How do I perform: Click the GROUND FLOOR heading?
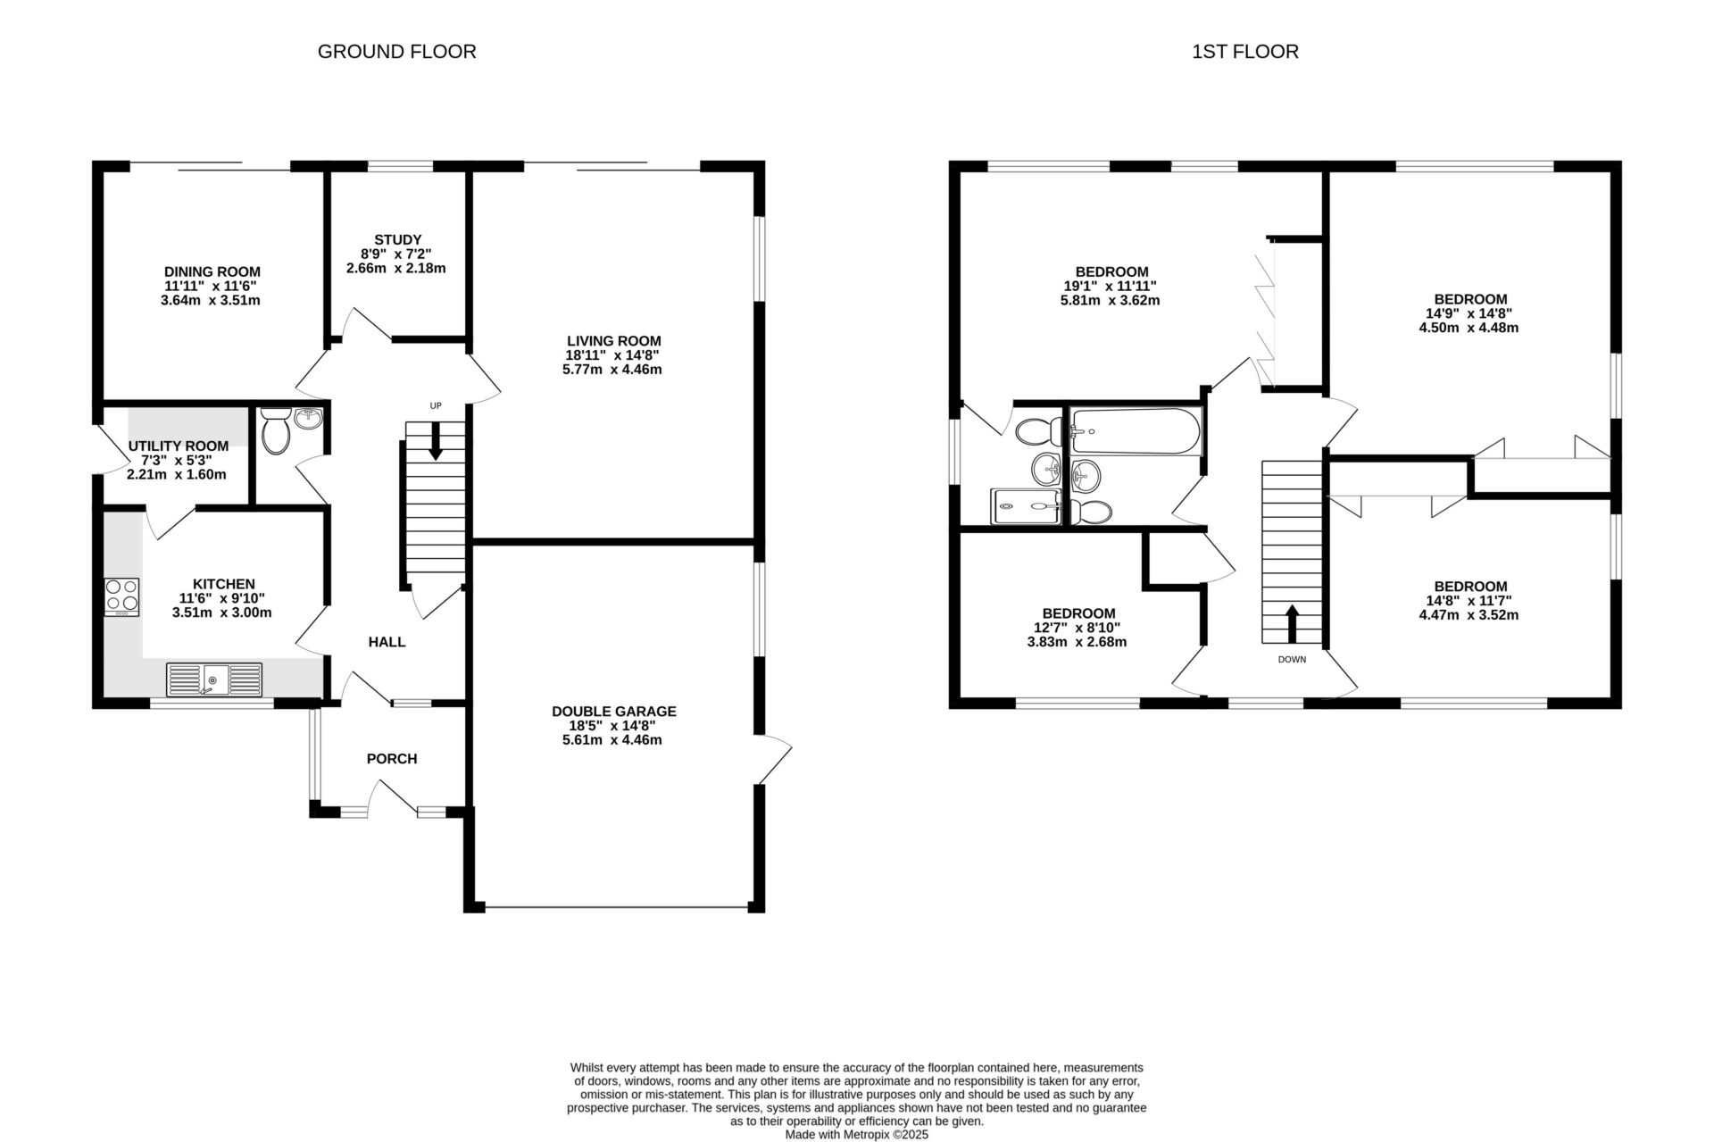pyautogui.click(x=396, y=52)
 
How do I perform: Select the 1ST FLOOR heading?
pyautogui.click(x=1244, y=52)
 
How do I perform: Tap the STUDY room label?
pyautogui.click(x=397, y=239)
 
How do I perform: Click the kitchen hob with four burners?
pyautogui.click(x=122, y=596)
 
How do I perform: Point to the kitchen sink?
pyautogui.click(x=214, y=679)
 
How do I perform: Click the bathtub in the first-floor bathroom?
pyautogui.click(x=1135, y=431)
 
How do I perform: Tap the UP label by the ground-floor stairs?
pyautogui.click(x=436, y=405)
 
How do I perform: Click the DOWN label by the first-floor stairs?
pyautogui.click(x=1292, y=660)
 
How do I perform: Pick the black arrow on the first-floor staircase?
pyautogui.click(x=1292, y=622)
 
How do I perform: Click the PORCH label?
pyautogui.click(x=392, y=759)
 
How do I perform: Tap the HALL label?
pyautogui.click(x=387, y=642)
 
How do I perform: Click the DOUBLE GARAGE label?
pyautogui.click(x=613, y=712)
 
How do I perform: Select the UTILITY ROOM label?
pyautogui.click(x=178, y=446)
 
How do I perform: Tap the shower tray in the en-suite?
pyautogui.click(x=1026, y=506)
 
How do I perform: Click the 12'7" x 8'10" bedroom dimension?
pyautogui.click(x=1077, y=628)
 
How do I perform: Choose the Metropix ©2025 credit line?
pyautogui.click(x=856, y=1135)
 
